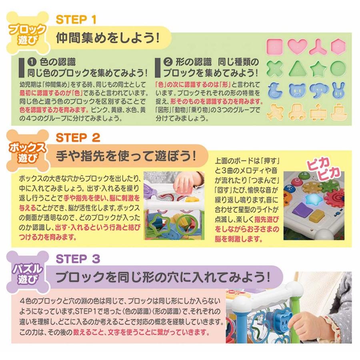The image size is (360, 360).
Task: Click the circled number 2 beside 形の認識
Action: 168,62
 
